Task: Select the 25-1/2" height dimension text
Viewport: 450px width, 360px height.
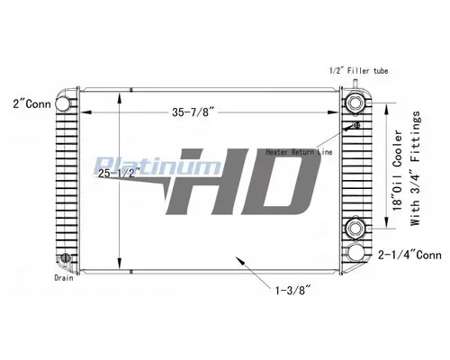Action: coord(121,171)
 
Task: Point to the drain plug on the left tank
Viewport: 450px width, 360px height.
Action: coord(65,262)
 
